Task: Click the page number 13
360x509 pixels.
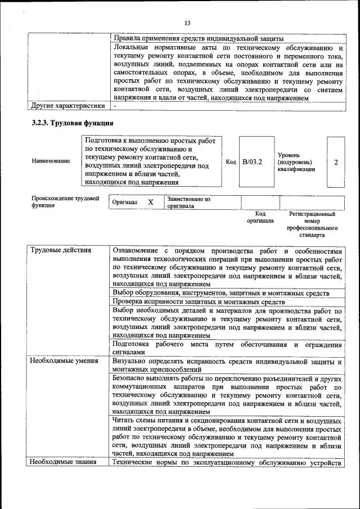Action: tap(187, 23)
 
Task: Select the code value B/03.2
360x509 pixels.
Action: tap(253, 162)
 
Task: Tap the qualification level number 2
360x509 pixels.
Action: tap(336, 162)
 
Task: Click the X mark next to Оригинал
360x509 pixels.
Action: tap(150, 202)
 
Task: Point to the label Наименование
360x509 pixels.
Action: tap(51, 161)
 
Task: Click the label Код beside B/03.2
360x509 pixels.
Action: tap(231, 162)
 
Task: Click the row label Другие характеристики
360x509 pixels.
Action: tap(67, 105)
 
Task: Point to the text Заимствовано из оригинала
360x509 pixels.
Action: tap(188, 202)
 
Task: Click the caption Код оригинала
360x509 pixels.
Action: tap(260, 218)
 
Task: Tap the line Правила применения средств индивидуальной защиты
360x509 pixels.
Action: tap(198, 38)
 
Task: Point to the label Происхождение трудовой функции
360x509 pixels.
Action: tap(65, 202)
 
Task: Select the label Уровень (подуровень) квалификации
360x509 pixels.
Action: tap(296, 161)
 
